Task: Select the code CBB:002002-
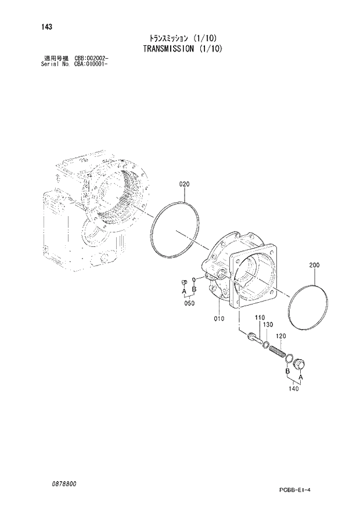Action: [92, 58]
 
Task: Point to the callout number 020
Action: [184, 184]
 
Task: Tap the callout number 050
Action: [189, 303]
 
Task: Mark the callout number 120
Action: [280, 336]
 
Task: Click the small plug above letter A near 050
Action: [182, 282]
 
